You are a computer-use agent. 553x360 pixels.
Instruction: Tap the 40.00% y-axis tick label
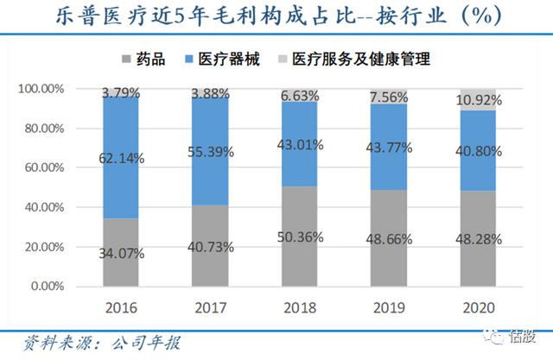point(43,207)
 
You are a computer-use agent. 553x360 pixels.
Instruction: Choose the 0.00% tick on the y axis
point(47,287)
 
